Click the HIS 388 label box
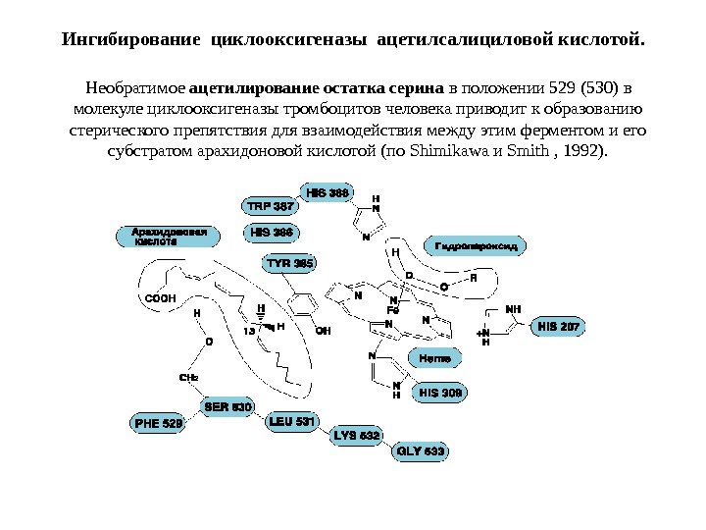328,193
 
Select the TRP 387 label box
271,207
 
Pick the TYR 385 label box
290,263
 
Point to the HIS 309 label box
440,394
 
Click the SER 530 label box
228,405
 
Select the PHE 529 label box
159,424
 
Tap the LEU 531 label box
292,423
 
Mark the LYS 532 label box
358,435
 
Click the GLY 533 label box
421,451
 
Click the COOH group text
160,297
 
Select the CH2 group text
188,377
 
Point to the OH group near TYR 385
324,331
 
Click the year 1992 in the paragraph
585,152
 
